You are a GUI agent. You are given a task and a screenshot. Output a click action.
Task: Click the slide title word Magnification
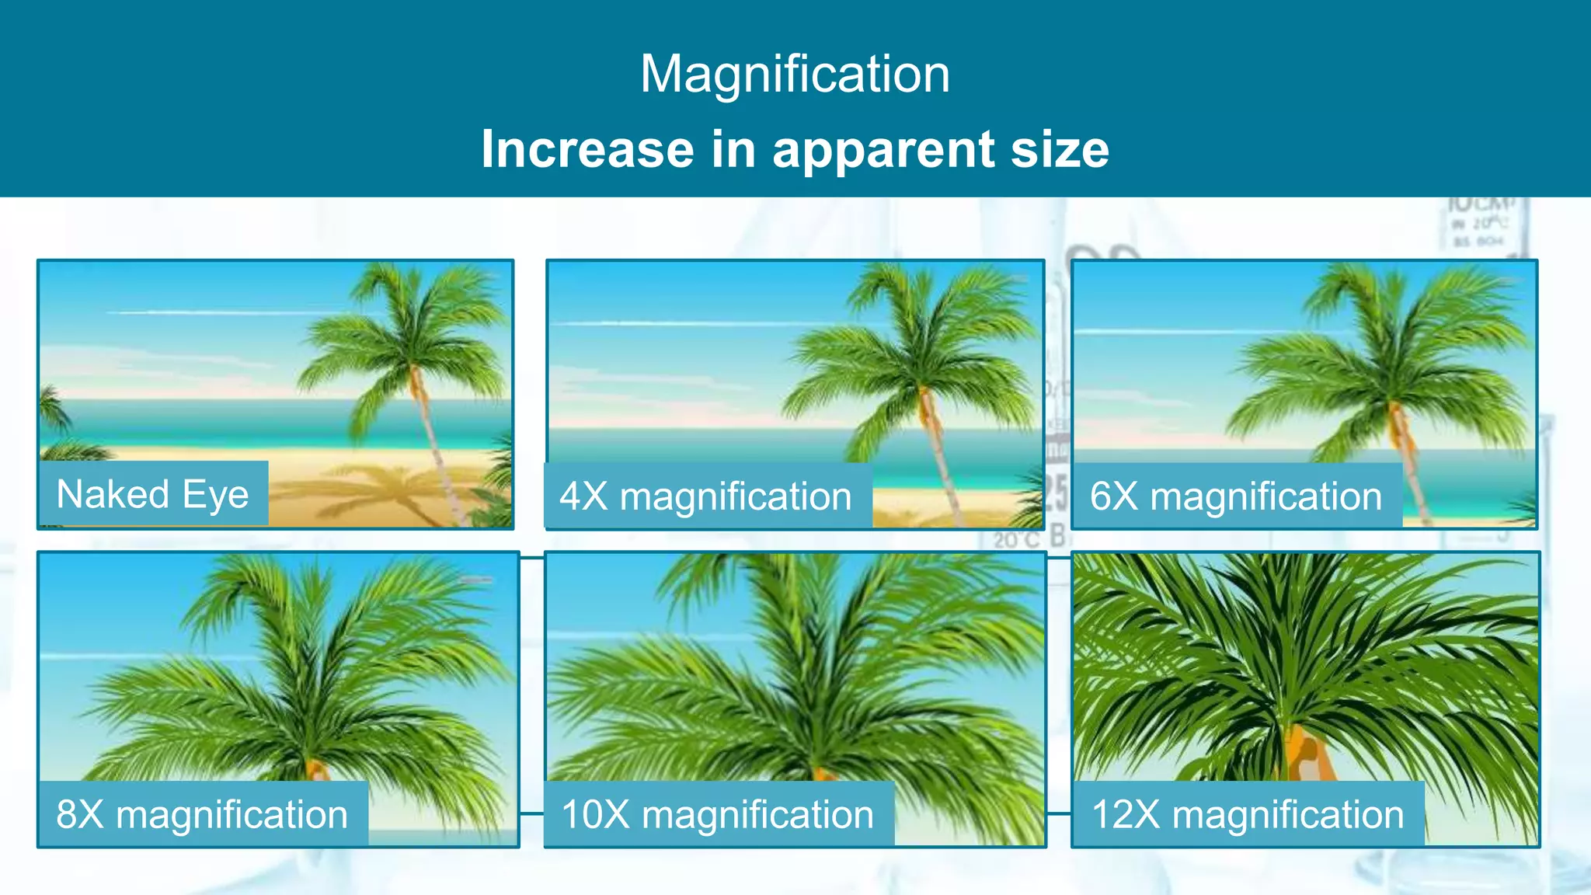tap(795, 75)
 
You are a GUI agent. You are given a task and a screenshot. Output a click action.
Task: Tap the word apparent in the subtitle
tap(883, 150)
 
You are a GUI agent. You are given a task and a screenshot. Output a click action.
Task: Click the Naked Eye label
tap(153, 494)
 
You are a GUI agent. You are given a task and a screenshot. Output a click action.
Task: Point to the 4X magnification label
tap(705, 496)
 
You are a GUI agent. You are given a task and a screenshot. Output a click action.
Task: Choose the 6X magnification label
tap(1235, 496)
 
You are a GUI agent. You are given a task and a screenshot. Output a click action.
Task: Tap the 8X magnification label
tap(202, 814)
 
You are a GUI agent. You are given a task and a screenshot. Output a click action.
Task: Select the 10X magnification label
tap(718, 814)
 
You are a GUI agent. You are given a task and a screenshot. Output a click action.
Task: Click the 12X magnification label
tap(1248, 814)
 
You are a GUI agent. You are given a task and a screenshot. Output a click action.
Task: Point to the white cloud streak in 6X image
tap(1181, 333)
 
